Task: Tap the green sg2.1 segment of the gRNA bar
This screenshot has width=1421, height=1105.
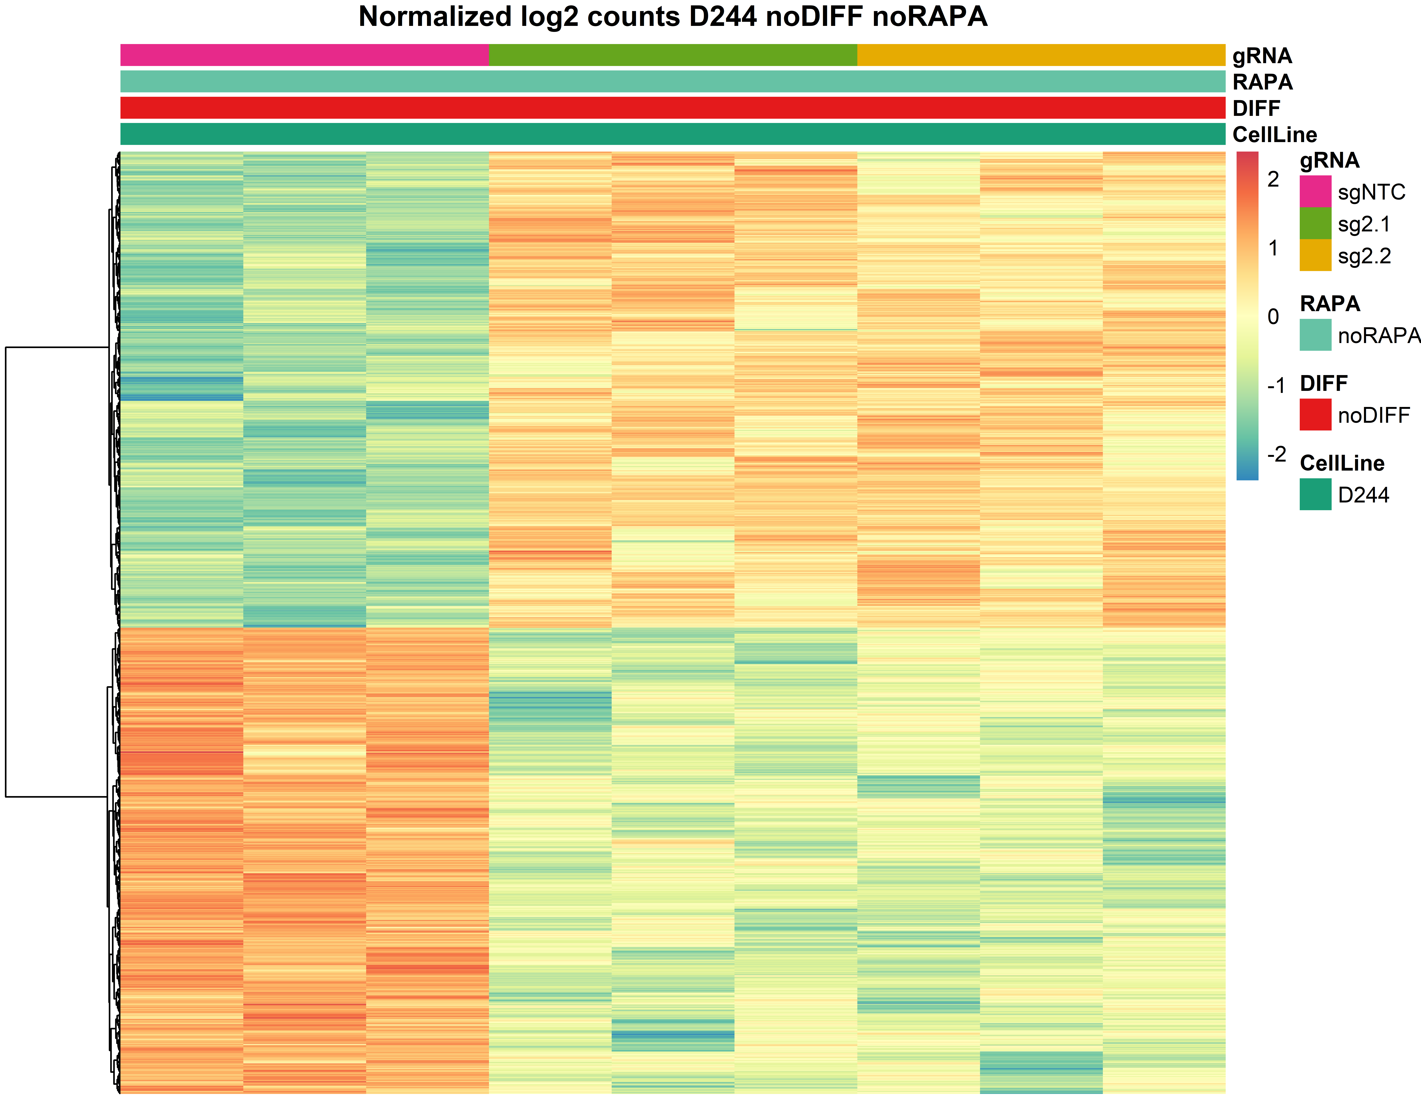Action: [673, 55]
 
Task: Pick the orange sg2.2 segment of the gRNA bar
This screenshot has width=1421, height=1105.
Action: [1041, 55]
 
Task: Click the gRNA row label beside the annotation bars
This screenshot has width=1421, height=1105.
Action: [1262, 56]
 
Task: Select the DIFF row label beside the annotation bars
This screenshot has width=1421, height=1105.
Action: [1256, 108]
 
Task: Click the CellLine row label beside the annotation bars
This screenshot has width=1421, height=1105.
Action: [1274, 135]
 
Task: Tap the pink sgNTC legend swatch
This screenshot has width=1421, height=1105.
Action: [1315, 191]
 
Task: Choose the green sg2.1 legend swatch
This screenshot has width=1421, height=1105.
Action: [1315, 223]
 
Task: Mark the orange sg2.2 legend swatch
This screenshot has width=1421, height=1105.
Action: [1315, 255]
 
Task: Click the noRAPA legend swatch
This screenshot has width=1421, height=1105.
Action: [1315, 335]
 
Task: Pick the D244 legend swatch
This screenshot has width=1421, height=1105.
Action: [1315, 494]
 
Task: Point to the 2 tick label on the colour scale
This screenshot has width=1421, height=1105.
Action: [1273, 179]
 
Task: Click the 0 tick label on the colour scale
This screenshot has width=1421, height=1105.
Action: [1273, 317]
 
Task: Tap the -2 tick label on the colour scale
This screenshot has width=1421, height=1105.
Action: [1276, 454]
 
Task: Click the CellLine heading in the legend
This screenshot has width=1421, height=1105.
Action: [1342, 463]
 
